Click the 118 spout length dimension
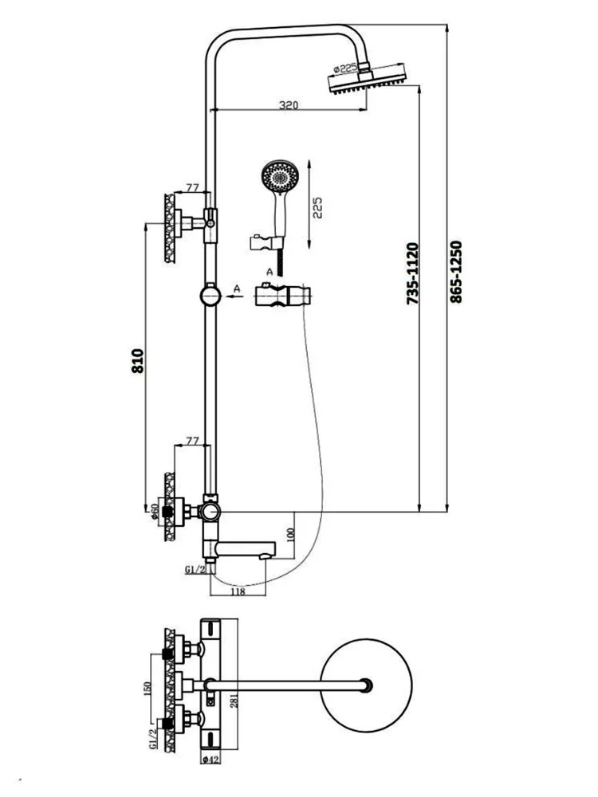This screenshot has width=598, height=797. pos(237,591)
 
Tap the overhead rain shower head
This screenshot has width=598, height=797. pos(366,83)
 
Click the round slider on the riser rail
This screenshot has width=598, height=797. pos(210,296)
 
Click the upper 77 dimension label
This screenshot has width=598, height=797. pos(191,188)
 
